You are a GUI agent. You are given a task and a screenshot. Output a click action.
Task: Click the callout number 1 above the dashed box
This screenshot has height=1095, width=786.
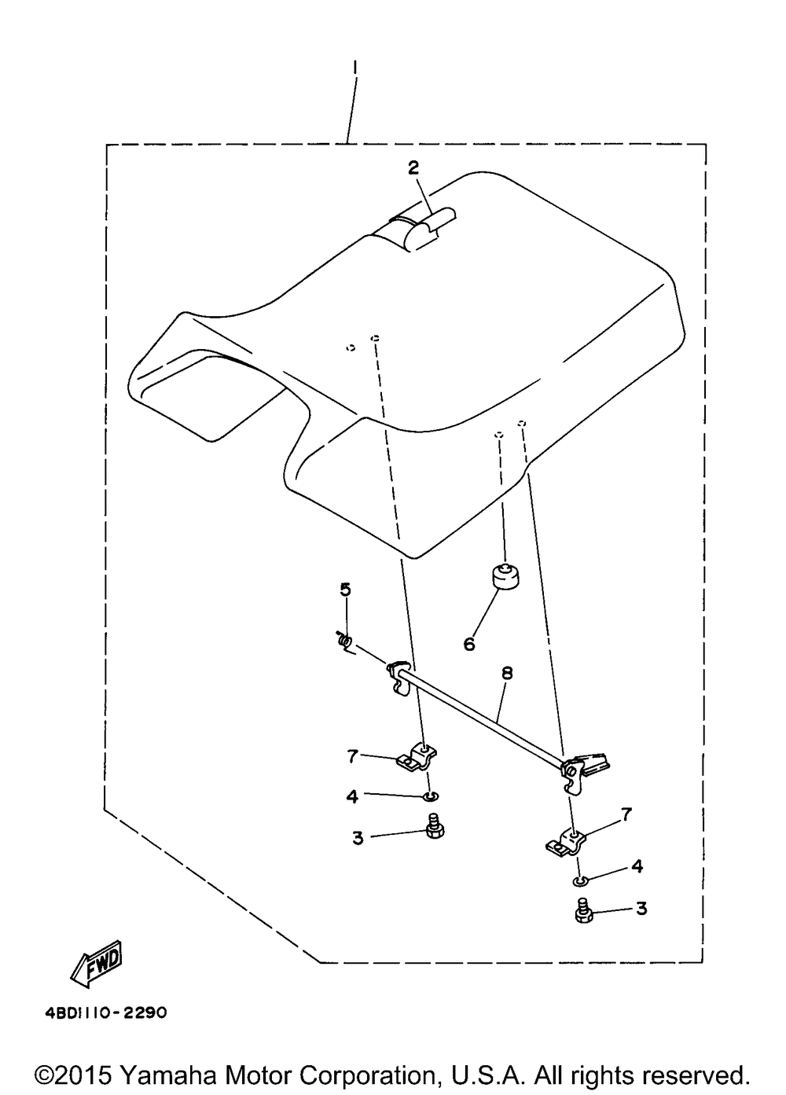point(354,72)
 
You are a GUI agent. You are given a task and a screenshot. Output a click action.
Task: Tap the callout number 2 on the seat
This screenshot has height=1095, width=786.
point(413,168)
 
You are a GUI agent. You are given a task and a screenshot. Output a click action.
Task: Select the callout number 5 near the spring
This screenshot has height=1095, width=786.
point(346,590)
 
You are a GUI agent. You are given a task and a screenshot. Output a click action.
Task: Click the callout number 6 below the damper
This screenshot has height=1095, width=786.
point(468,645)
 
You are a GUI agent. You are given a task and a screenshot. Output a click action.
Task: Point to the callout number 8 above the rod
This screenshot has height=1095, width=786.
point(507,673)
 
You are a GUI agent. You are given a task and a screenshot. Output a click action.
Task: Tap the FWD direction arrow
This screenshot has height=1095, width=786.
point(97,962)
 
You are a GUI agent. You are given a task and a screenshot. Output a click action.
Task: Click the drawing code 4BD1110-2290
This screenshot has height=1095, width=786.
point(106,1012)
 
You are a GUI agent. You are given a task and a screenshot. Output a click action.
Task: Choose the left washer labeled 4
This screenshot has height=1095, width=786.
point(432,797)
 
